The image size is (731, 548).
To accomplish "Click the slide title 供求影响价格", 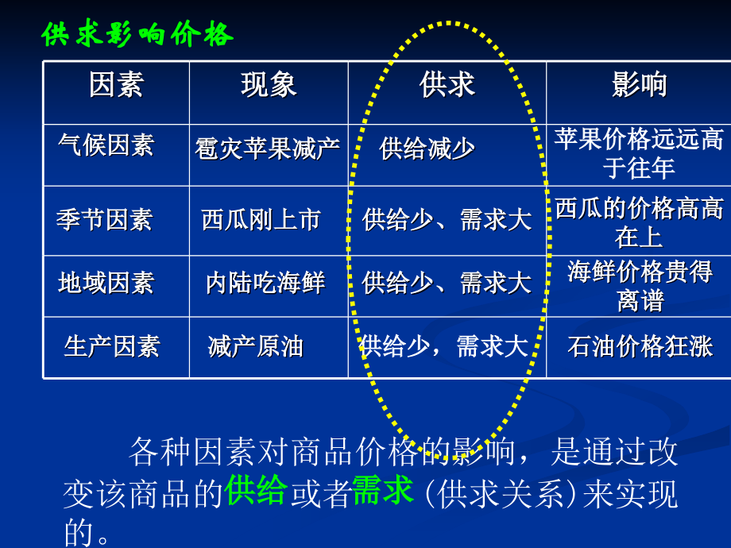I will point(137,34).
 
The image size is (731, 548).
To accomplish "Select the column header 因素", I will point(116,85).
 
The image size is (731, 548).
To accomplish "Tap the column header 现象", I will point(269,85).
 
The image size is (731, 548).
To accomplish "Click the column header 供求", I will point(447,85).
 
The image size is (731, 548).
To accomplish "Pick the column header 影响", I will point(639,85).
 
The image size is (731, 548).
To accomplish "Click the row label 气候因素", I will point(106,145).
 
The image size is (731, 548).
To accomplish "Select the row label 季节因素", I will point(104,219).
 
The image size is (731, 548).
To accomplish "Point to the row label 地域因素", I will point(106,283).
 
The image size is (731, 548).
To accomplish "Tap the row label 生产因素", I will point(111,346).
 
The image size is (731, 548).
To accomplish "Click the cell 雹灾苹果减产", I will point(267,149).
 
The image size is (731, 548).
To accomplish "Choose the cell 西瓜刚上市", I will point(261,219).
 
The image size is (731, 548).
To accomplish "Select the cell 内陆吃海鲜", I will point(265,283).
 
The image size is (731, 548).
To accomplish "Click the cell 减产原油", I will point(255,346).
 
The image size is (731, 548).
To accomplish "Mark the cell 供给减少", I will point(427,149).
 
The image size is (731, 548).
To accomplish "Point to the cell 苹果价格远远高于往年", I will point(639,153).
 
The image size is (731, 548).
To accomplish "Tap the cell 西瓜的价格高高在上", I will point(639,222).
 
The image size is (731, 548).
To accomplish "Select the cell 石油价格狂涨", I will point(639,346).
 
